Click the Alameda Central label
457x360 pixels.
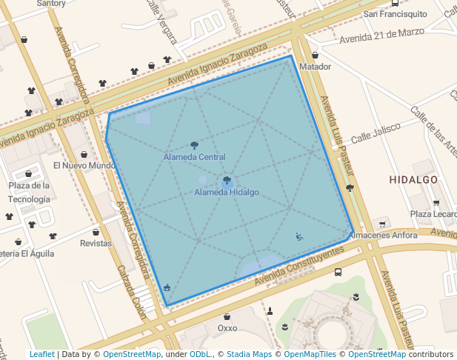[194, 157]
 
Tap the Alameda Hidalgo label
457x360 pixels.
[227, 193]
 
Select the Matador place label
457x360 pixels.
[315, 67]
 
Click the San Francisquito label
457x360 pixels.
[395, 13]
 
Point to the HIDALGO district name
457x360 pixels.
[413, 180]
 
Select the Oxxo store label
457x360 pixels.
[227, 327]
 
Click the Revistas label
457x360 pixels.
[96, 243]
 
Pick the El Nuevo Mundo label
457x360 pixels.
[84, 165]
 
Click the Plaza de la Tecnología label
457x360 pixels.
[30, 192]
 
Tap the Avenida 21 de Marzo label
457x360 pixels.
[382, 34]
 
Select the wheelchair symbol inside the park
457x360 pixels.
[299, 237]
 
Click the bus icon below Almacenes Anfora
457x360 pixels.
[338, 271]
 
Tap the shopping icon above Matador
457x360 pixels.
[315, 55]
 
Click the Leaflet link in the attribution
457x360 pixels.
[41, 355]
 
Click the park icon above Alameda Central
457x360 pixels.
[194, 145]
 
